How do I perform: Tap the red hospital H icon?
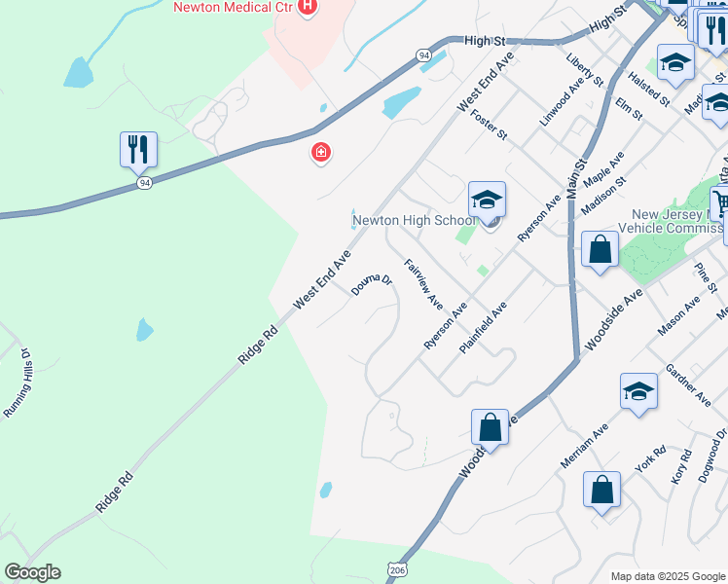click(x=308, y=8)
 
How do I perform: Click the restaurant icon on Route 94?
click(x=138, y=149)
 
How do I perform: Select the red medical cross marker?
click(x=319, y=153)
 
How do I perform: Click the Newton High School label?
click(x=414, y=220)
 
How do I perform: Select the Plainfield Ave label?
click(x=483, y=327)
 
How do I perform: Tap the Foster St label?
click(x=489, y=125)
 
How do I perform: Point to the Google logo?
click(x=32, y=572)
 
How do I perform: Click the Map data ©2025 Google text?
click(x=667, y=576)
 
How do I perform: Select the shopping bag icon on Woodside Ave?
click(x=490, y=427)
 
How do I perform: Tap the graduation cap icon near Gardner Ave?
click(x=638, y=391)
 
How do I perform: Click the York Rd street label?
click(x=649, y=460)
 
